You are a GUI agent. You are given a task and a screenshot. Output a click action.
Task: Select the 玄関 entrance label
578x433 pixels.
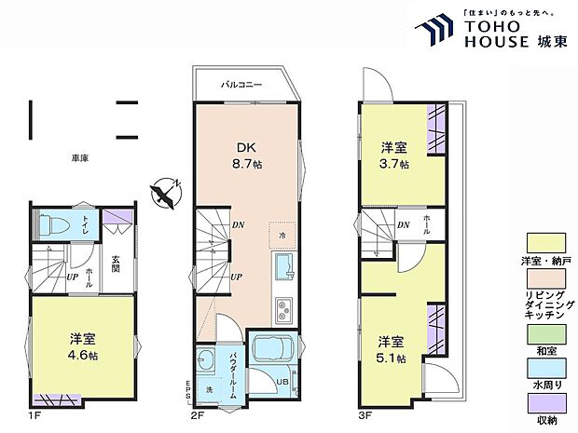tap(117, 261)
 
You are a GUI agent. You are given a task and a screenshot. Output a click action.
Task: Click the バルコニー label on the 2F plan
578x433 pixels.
tap(241, 85)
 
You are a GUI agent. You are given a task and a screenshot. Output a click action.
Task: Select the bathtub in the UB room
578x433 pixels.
tap(277, 351)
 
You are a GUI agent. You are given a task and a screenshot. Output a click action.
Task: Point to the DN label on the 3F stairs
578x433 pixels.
tap(404, 224)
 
